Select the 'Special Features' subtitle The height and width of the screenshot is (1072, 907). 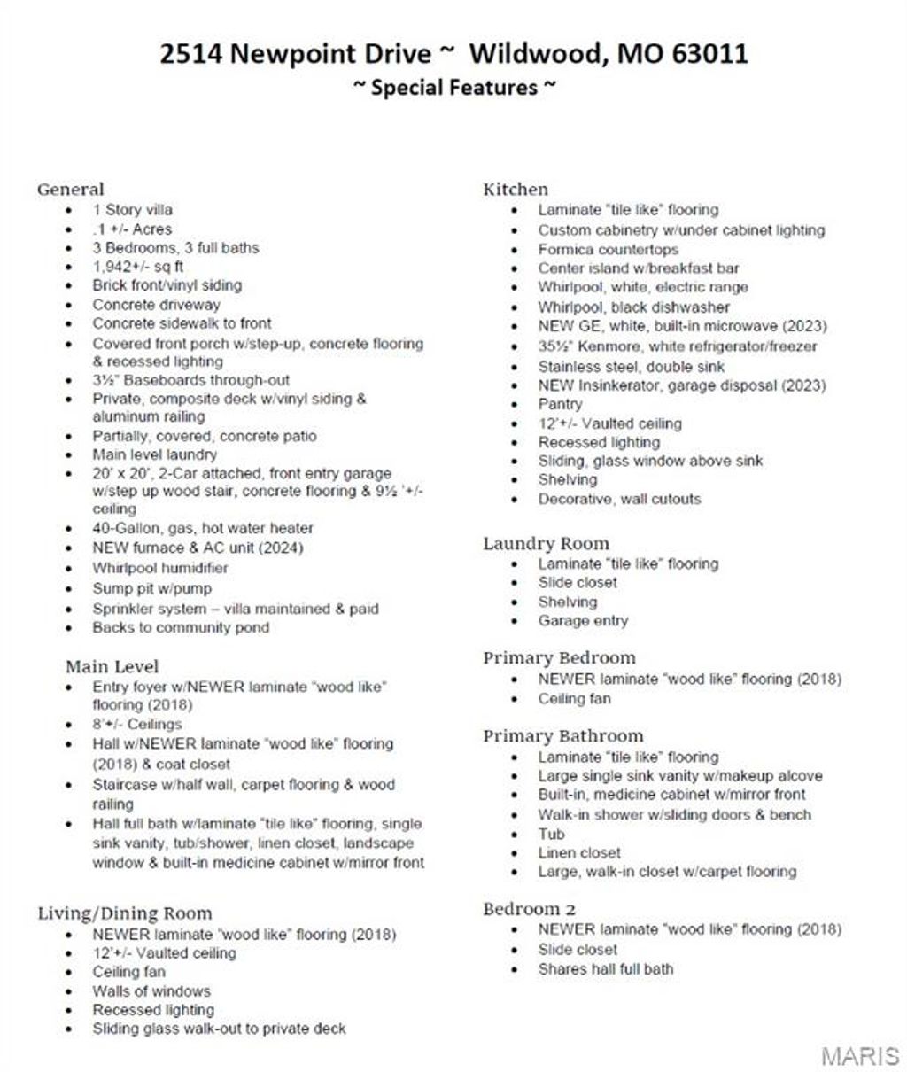pos(454,88)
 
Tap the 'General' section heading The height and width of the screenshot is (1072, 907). pos(70,189)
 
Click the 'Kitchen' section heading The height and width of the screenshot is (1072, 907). pos(516,189)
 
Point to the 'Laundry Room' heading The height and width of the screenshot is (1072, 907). pos(546,543)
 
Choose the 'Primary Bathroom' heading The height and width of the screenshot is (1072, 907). pos(562,735)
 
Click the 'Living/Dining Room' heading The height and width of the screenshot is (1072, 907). pos(125,913)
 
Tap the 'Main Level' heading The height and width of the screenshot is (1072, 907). pos(112,666)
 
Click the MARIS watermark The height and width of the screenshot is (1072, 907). pos(859,1055)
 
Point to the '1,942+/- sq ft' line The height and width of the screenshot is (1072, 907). pos(137,267)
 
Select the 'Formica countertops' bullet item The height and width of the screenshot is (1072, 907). pos(608,249)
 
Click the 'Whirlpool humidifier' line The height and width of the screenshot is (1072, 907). pos(159,568)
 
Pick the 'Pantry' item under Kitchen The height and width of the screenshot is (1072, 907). pos(560,404)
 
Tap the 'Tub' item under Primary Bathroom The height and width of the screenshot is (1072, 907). pos(551,834)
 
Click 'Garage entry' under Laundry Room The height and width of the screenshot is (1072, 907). pos(582,621)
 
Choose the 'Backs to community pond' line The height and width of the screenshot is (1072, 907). pos(181,627)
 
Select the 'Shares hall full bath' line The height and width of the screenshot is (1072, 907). pos(605,968)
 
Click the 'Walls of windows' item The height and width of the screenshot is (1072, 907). pos(151,990)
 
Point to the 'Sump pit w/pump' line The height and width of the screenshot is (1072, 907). pos(151,588)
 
